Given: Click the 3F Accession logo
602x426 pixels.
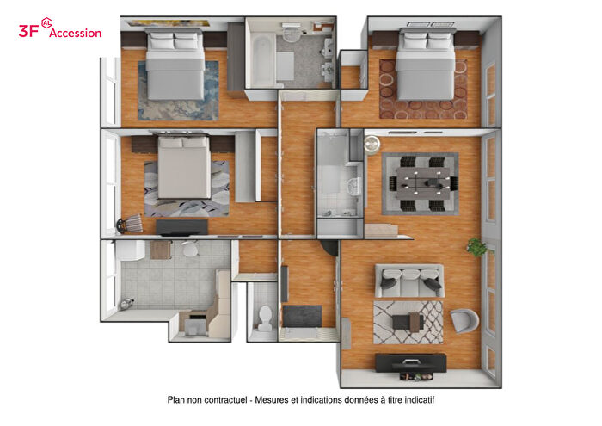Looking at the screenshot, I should pyautogui.click(x=60, y=31).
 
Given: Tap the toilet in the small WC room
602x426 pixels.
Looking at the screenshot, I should pyautogui.click(x=265, y=318).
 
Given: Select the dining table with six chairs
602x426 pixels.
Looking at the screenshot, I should pyautogui.click(x=420, y=182).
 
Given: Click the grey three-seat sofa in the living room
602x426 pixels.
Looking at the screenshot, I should pyautogui.click(x=408, y=280).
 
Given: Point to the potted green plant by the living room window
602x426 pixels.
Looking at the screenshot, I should pyautogui.click(x=476, y=248).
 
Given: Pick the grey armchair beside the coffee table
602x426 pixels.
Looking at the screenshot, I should pyautogui.click(x=465, y=320).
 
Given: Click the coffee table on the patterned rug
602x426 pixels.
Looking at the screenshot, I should pyautogui.click(x=407, y=322).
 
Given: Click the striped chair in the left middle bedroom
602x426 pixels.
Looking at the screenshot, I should pyautogui.click(x=129, y=224).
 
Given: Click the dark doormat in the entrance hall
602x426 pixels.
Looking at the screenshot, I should pyautogui.click(x=302, y=315).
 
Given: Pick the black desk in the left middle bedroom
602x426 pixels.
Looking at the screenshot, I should pyautogui.click(x=181, y=226).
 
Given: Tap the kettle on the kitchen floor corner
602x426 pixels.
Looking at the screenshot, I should pyautogui.click(x=128, y=301).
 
